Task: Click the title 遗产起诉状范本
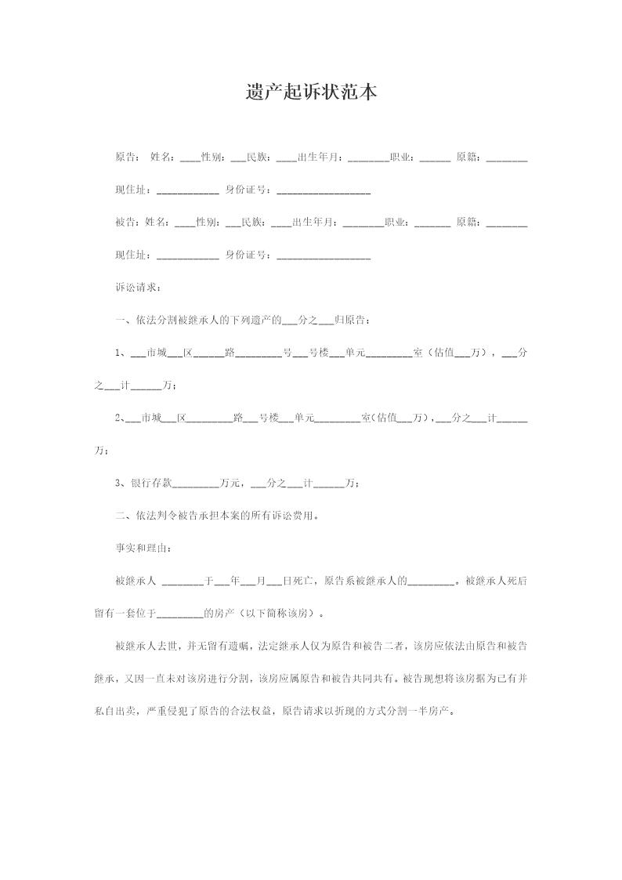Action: pos(311,92)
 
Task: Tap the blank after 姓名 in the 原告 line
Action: pos(190,158)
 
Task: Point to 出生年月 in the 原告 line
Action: pos(322,158)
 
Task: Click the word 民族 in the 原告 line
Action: pos(258,158)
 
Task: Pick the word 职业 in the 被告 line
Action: pos(396,223)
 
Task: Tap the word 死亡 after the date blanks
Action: pos(303,581)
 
